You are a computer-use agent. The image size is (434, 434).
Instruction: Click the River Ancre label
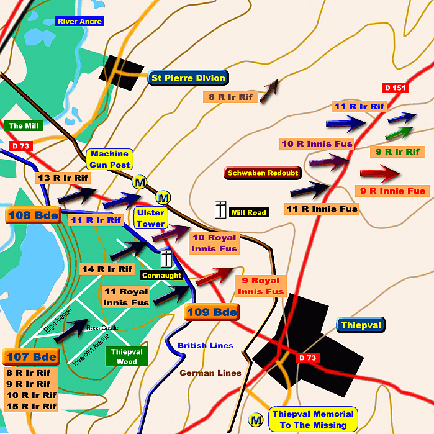79,21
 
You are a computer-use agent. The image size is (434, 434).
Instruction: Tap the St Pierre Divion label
189,78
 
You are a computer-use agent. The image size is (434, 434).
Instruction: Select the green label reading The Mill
24,126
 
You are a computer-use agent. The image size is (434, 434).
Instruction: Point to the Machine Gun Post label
110,159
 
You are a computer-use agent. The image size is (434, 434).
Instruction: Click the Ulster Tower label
151,218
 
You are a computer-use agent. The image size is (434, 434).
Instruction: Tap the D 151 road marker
395,88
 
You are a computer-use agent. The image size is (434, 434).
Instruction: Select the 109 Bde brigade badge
212,312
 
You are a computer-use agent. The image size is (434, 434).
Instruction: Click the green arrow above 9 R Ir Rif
399,133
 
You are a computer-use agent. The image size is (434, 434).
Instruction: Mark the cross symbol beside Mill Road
220,210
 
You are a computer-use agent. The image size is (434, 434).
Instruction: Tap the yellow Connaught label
161,275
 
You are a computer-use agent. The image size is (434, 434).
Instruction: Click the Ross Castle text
102,327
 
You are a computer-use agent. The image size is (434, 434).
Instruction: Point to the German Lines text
210,373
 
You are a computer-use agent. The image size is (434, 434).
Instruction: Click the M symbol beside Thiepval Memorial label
255,420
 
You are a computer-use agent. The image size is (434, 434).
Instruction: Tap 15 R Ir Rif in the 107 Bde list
31,406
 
